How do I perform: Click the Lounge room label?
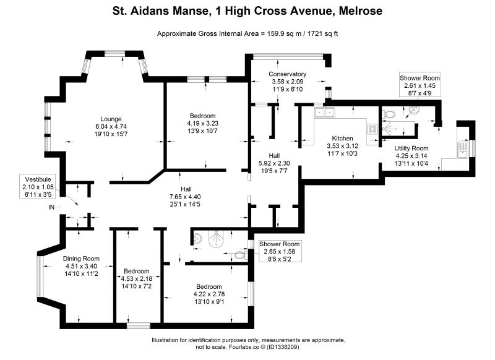tap(111, 119)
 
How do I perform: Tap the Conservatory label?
tap(287, 74)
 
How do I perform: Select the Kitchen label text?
tap(342, 138)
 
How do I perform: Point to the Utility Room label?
tap(411, 148)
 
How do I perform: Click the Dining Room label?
tap(81, 259)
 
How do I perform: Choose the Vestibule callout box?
tap(38, 186)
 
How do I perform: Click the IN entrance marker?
tap(51, 207)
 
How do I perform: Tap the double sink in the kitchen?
tap(324, 112)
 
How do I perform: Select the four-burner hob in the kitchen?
tap(372, 129)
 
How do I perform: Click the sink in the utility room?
tap(462, 150)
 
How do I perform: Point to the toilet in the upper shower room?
tap(388, 114)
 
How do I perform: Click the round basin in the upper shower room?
tap(414, 109)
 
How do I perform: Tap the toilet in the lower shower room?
tap(241, 255)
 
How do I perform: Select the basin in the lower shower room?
tap(197, 239)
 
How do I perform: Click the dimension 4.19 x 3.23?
tap(203, 123)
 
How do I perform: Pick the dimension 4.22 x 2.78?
tap(209, 294)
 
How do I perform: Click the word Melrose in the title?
tap(360, 11)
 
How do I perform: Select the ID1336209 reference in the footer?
tap(283, 347)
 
